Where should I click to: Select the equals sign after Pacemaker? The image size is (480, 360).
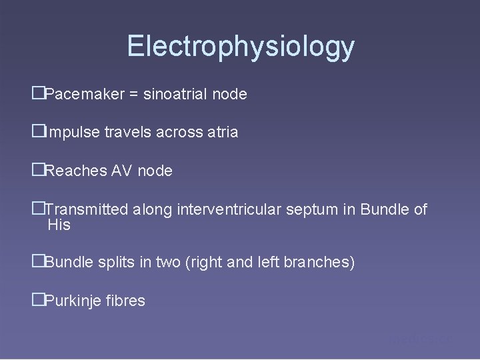pos(134,95)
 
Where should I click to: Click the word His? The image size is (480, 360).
pos(59,225)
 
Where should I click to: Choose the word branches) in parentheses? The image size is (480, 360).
pos(319,263)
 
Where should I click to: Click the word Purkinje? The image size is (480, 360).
pos(71,301)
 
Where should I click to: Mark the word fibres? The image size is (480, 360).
pos(124,301)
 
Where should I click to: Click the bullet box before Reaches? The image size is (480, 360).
pos(37,171)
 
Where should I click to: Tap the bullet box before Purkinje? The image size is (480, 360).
pos(37,301)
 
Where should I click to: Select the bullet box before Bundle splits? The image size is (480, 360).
pos(37,263)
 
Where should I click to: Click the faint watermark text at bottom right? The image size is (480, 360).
pos(420,340)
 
